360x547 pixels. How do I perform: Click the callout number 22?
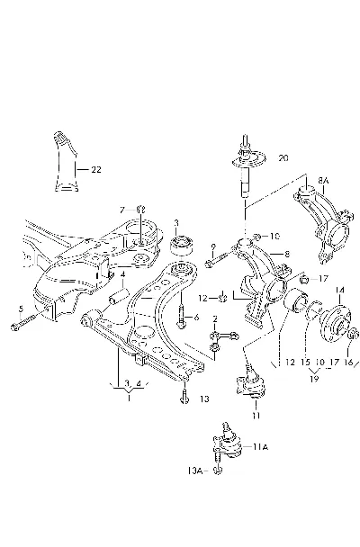point(96,169)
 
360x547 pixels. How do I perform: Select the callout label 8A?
point(323,181)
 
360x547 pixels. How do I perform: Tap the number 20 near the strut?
point(283,158)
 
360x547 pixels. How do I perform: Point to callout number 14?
point(340,291)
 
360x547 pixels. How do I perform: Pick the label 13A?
point(195,471)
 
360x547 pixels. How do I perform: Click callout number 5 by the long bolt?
point(21,309)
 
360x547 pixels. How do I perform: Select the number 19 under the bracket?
point(314,379)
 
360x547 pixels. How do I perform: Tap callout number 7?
point(122,210)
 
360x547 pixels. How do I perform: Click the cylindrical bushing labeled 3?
point(181,246)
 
